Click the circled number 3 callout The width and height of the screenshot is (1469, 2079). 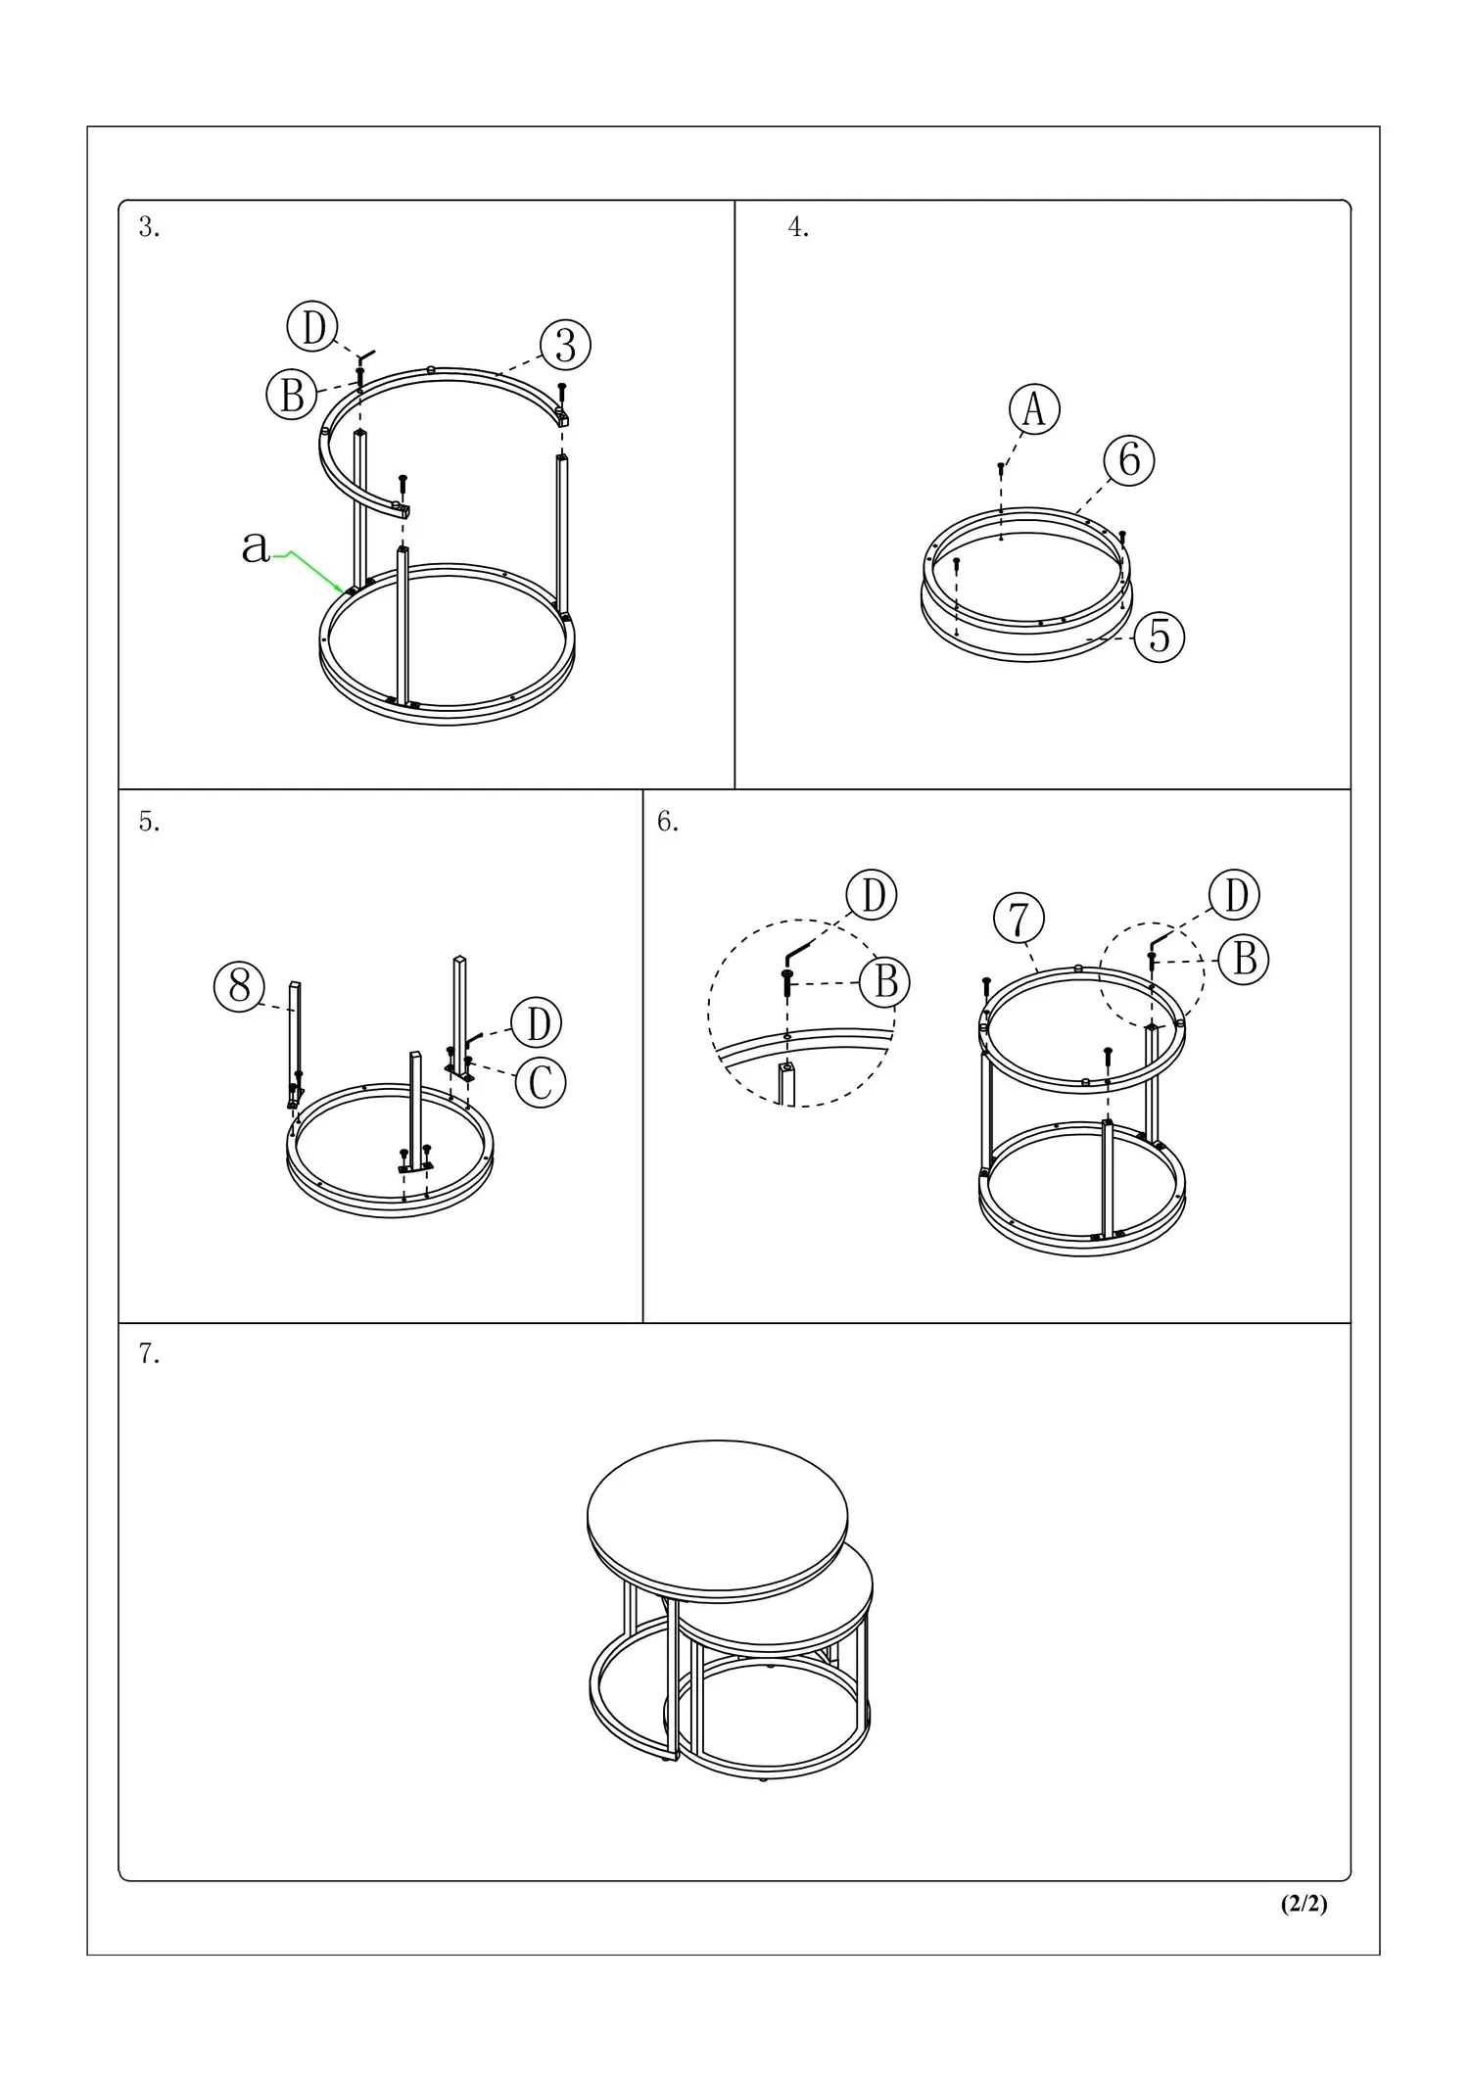pyautogui.click(x=566, y=345)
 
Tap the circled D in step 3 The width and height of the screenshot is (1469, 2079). pyautogui.click(x=312, y=327)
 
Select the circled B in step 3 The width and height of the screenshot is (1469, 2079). pyautogui.click(x=292, y=395)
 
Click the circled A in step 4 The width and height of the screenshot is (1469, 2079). pyautogui.click(x=1035, y=408)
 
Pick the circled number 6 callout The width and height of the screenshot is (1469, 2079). pyautogui.click(x=1129, y=459)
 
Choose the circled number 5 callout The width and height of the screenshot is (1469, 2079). pyautogui.click(x=1160, y=637)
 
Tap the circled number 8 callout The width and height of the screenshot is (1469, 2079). pyautogui.click(x=240, y=985)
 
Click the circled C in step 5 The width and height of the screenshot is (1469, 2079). pyautogui.click(x=541, y=1082)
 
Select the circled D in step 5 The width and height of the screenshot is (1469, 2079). pyautogui.click(x=537, y=1023)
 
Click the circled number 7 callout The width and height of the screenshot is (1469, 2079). pyautogui.click(x=1019, y=919)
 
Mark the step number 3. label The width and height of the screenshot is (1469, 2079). pyautogui.click(x=149, y=227)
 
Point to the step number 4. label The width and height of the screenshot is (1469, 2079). pyautogui.click(x=798, y=227)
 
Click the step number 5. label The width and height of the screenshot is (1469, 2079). pyautogui.click(x=149, y=822)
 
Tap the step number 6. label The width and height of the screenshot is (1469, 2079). pyautogui.click(x=668, y=822)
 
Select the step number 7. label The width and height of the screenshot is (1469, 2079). pyautogui.click(x=149, y=1353)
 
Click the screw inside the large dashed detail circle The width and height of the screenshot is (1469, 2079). pyautogui.click(x=786, y=982)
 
